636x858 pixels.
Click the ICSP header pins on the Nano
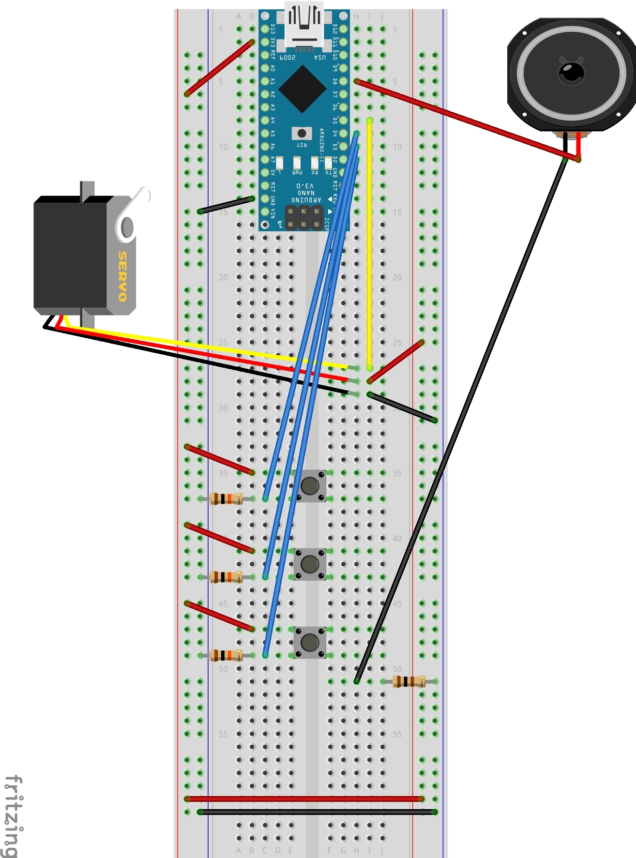click(x=303, y=217)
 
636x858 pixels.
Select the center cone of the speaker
click(x=572, y=73)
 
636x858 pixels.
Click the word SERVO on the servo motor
click(x=123, y=276)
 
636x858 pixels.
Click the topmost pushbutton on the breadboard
click(x=310, y=485)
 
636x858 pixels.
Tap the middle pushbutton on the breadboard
click(x=310, y=564)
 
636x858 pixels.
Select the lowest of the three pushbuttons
click(x=310, y=642)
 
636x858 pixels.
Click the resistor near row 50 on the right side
click(x=409, y=681)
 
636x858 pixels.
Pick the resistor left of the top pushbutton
click(x=226, y=498)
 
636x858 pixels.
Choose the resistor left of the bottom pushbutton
click(x=226, y=655)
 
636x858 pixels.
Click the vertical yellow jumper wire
click(x=370, y=242)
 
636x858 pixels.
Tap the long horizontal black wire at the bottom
click(x=317, y=812)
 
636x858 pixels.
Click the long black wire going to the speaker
click(x=460, y=421)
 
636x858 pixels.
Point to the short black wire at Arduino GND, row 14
click(x=226, y=205)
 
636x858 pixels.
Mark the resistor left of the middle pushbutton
click(x=226, y=577)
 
